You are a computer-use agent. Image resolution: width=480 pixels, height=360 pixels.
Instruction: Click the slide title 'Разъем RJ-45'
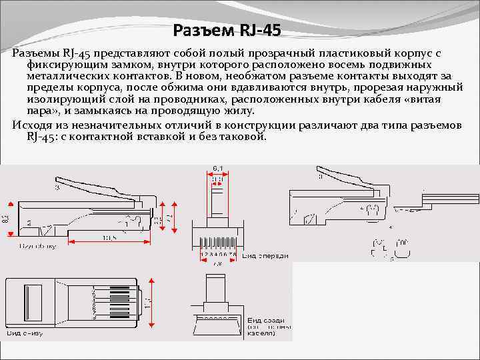click(x=227, y=30)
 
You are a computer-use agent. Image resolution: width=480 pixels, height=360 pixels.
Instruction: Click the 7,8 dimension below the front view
click(x=217, y=263)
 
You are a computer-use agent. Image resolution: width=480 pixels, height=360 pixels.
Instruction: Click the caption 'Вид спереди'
click(x=265, y=255)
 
